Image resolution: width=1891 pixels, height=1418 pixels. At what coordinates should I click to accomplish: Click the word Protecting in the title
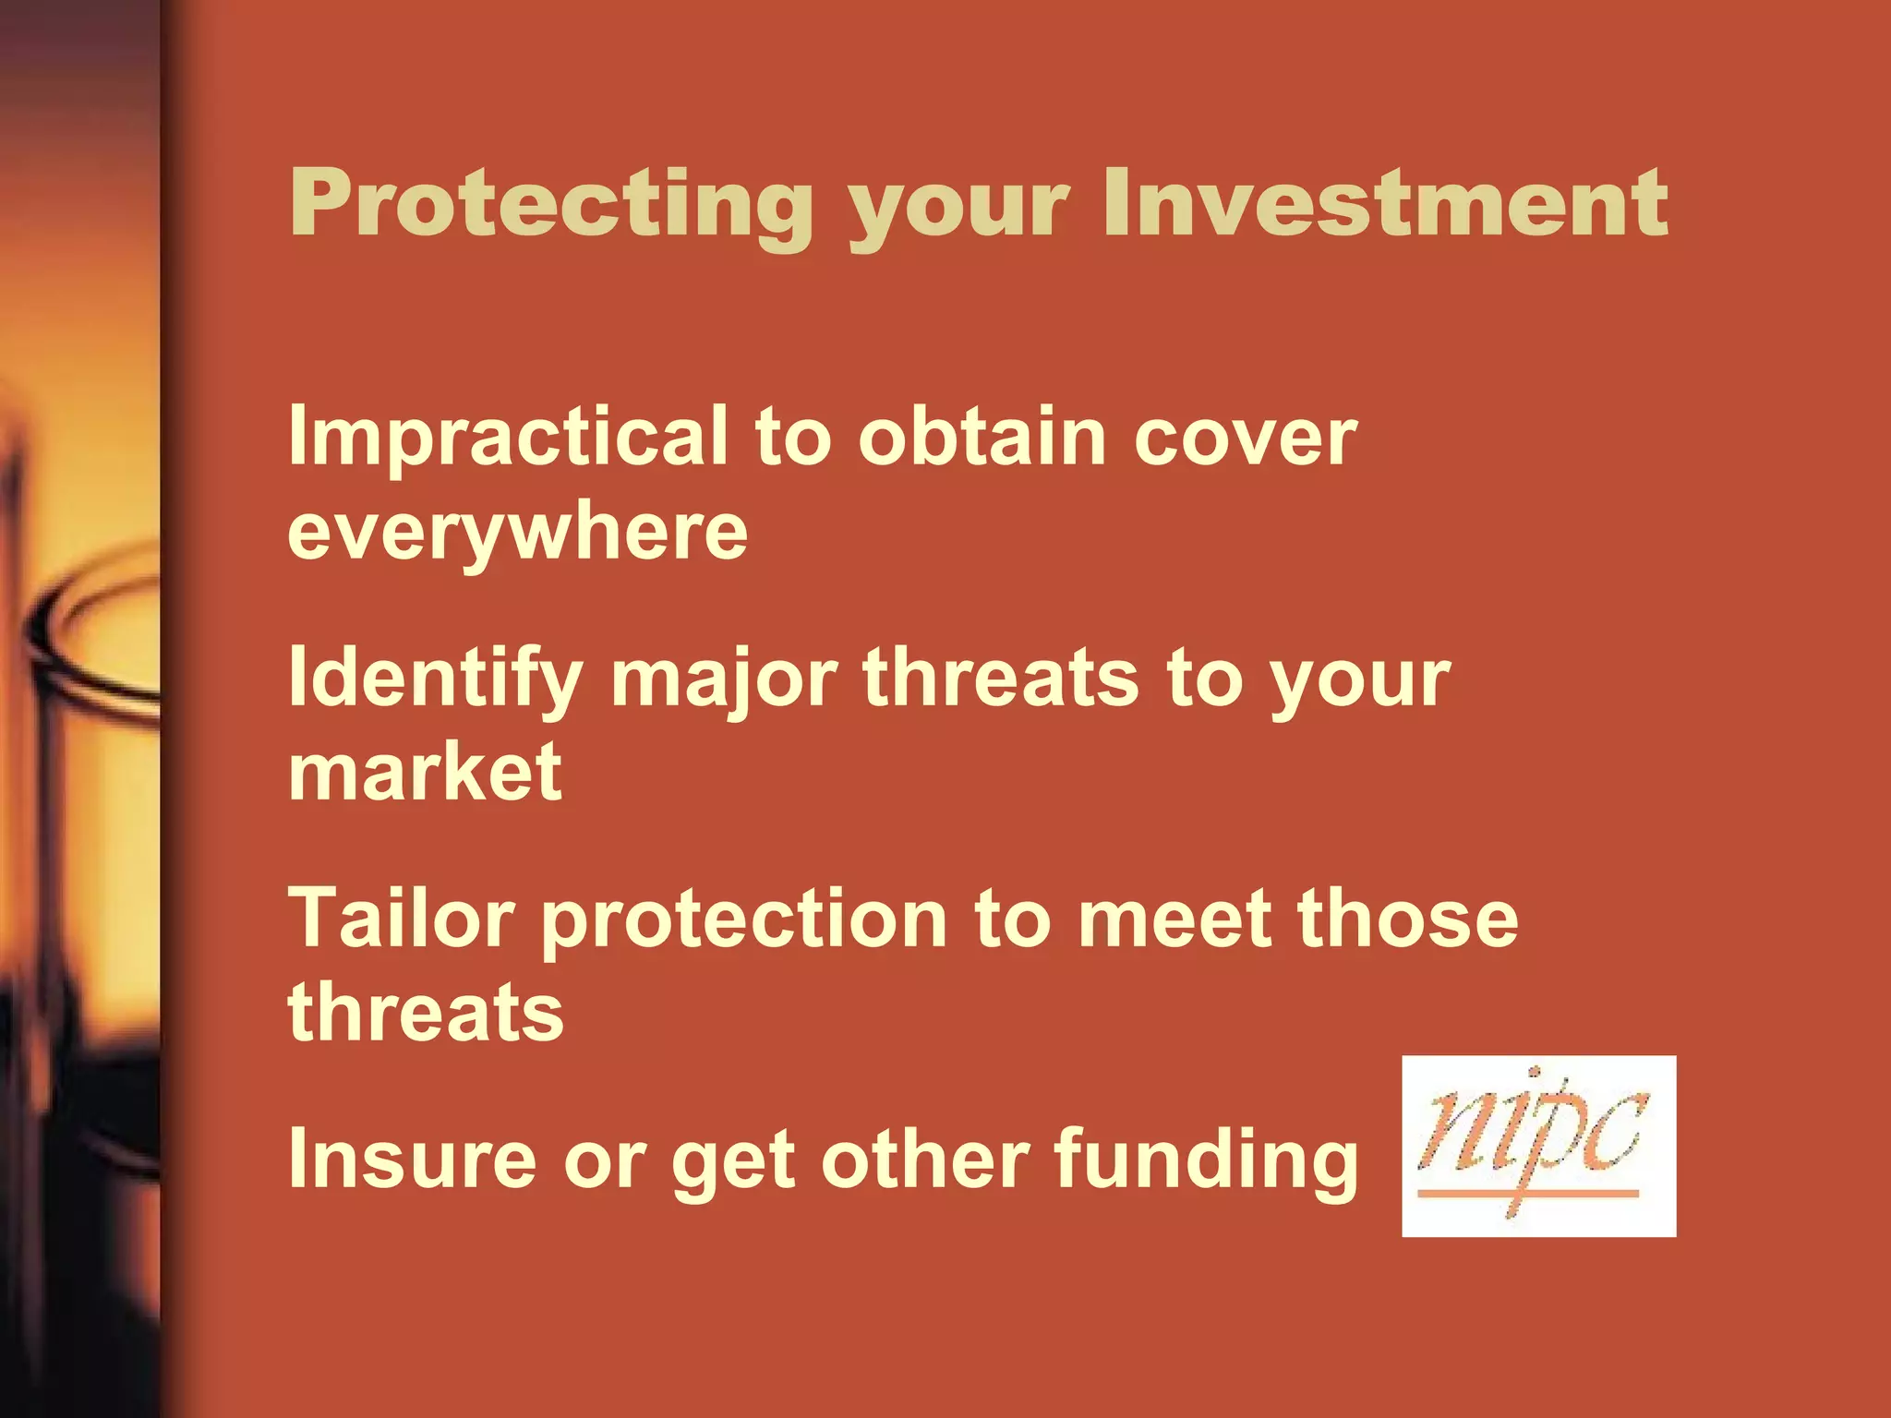tap(551, 204)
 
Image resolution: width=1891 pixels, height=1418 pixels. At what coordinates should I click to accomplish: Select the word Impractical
tap(508, 439)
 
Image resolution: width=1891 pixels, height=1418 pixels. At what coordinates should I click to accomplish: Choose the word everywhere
tap(517, 534)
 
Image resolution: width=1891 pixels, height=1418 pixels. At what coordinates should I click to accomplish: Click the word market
tap(425, 773)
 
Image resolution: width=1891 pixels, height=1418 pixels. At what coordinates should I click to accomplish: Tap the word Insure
tap(412, 1160)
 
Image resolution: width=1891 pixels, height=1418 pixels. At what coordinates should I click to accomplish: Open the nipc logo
tap(1538, 1146)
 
